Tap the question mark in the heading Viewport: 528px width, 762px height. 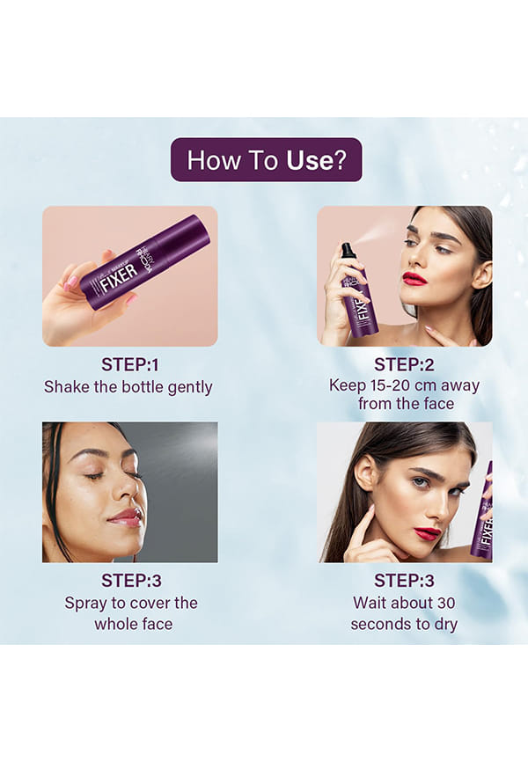(x=341, y=160)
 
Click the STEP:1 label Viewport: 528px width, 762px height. (x=130, y=364)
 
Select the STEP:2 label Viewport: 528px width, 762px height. (x=404, y=364)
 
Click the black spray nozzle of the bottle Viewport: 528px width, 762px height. (x=348, y=250)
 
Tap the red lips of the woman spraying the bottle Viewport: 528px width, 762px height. (x=414, y=278)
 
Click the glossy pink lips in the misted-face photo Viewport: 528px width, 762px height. (x=126, y=518)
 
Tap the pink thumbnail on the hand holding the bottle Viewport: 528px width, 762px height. (x=72, y=282)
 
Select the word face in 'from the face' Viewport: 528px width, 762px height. (x=437, y=404)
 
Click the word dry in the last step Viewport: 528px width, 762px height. (x=446, y=625)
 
